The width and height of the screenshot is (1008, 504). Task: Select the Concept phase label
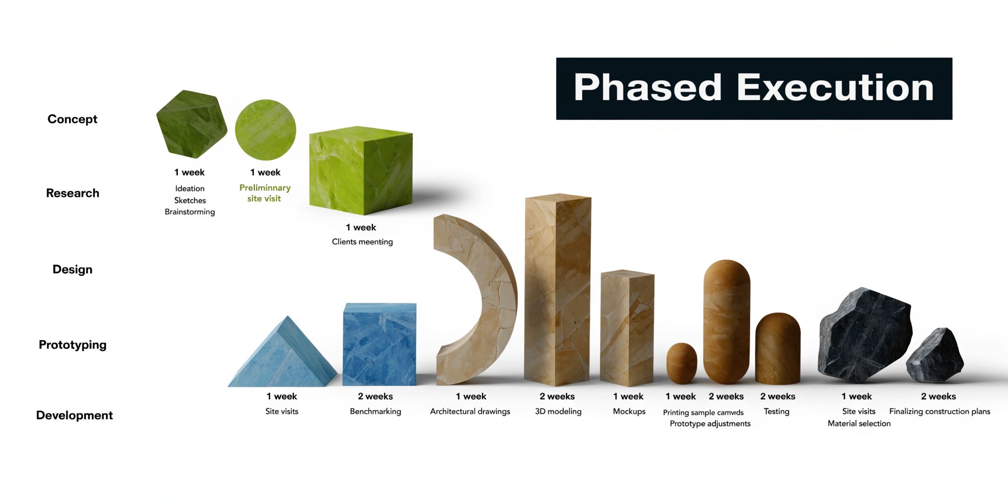(x=72, y=119)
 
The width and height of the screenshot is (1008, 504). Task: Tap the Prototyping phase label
(x=72, y=345)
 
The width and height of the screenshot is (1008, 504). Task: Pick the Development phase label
(x=74, y=415)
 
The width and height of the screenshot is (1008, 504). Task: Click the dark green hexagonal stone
(x=191, y=124)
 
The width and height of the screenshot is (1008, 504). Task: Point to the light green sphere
(x=265, y=130)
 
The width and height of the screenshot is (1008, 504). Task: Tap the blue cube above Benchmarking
(x=379, y=345)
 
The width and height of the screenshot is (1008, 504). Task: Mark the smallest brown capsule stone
(x=682, y=363)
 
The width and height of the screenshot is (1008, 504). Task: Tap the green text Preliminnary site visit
(x=265, y=193)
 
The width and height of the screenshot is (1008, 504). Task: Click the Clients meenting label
(x=362, y=242)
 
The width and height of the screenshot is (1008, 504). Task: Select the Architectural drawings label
(x=470, y=411)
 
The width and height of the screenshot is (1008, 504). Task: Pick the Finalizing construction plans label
(x=939, y=411)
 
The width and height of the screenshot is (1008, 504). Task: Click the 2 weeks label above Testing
(x=778, y=397)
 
